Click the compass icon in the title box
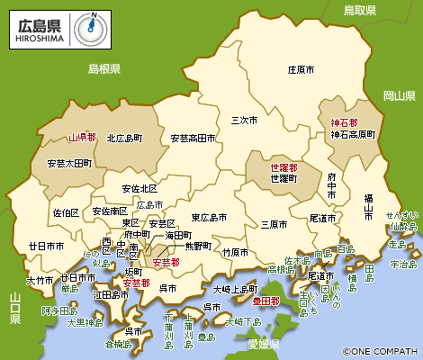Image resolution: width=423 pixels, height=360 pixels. pyautogui.click(x=88, y=27)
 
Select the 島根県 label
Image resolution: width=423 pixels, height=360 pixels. pyautogui.click(x=103, y=69)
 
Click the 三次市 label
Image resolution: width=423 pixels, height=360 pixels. pyautogui.click(x=245, y=119)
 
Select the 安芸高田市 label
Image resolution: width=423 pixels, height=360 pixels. pyautogui.click(x=193, y=139)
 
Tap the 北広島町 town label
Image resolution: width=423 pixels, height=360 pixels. pyautogui.click(x=125, y=139)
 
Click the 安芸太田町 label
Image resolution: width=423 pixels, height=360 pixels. pyautogui.click(x=68, y=164)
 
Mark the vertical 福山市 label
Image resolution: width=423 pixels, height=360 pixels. pyautogui.click(x=368, y=207)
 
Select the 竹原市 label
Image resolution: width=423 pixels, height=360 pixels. pyautogui.click(x=234, y=252)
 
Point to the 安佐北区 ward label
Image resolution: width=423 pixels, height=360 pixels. pyautogui.click(x=139, y=189)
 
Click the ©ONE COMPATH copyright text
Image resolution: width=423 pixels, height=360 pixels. pyautogui.click(x=380, y=351)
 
